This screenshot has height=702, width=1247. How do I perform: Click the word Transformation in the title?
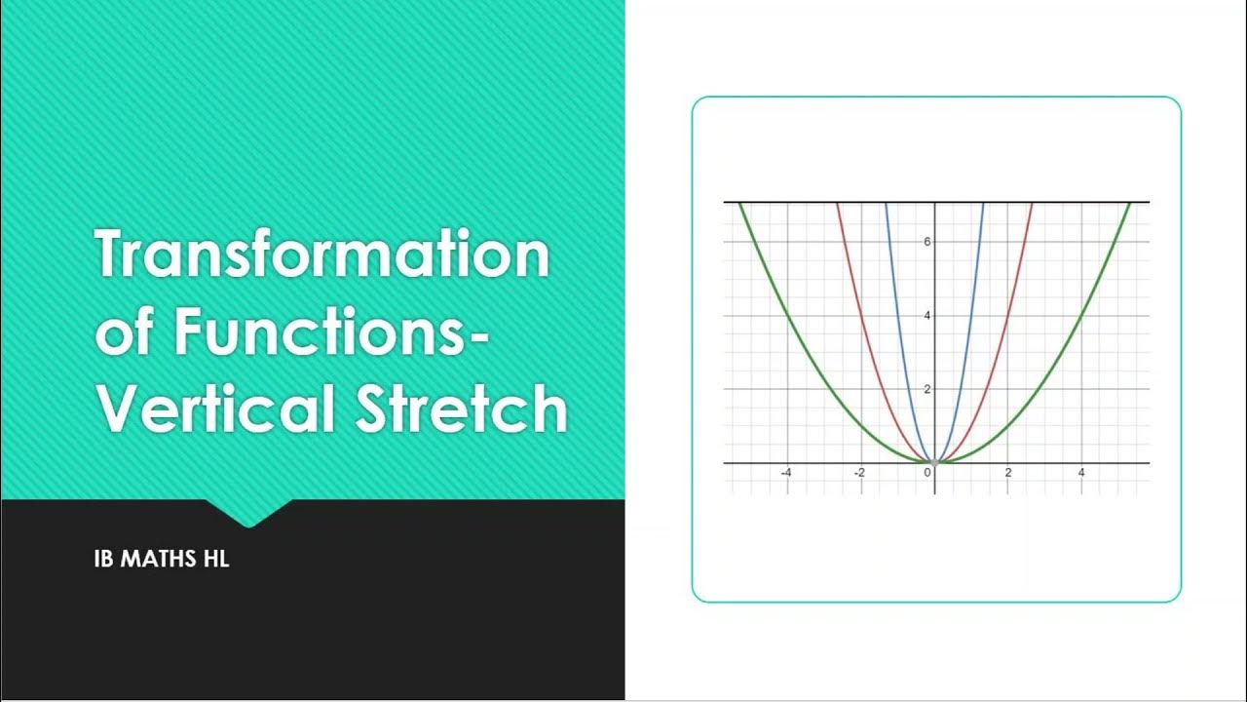(x=321, y=255)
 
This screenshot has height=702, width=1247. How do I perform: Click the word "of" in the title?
(x=124, y=332)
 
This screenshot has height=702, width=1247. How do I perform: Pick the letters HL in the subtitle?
(x=216, y=561)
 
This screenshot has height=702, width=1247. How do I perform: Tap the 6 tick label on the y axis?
(x=927, y=241)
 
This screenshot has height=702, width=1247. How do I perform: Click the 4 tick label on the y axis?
(x=927, y=315)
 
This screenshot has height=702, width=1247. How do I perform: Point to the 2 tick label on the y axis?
(x=927, y=389)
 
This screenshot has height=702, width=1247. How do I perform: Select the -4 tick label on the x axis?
(x=785, y=473)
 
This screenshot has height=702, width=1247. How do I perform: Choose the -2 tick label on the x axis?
(x=859, y=473)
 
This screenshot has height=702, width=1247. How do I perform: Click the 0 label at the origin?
(x=927, y=473)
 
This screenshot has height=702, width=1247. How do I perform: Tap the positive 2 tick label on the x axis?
(x=1008, y=473)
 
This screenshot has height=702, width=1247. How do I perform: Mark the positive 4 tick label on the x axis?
(x=1081, y=473)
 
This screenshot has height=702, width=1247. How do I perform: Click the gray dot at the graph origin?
(x=935, y=462)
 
